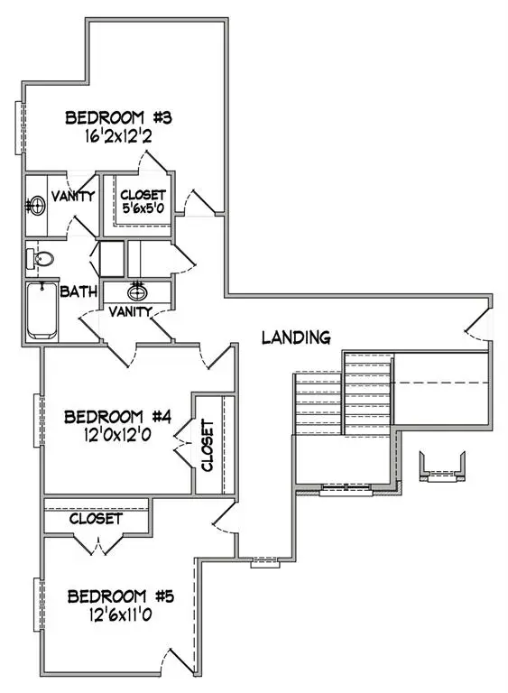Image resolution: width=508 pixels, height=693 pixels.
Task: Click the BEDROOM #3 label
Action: (x=125, y=118)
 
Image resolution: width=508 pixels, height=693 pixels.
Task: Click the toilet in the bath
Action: (x=40, y=259)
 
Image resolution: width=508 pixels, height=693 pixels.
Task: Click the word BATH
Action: (x=79, y=291)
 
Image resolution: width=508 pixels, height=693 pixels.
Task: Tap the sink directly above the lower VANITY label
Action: (x=138, y=291)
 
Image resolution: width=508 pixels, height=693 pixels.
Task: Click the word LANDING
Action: (x=295, y=337)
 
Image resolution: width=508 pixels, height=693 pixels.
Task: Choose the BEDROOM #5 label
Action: (x=120, y=596)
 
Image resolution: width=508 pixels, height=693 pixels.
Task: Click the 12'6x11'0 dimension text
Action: (x=120, y=617)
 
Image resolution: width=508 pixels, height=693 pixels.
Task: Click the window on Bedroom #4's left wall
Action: (x=39, y=419)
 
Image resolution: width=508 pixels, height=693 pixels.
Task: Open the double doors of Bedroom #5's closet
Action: (x=96, y=545)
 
